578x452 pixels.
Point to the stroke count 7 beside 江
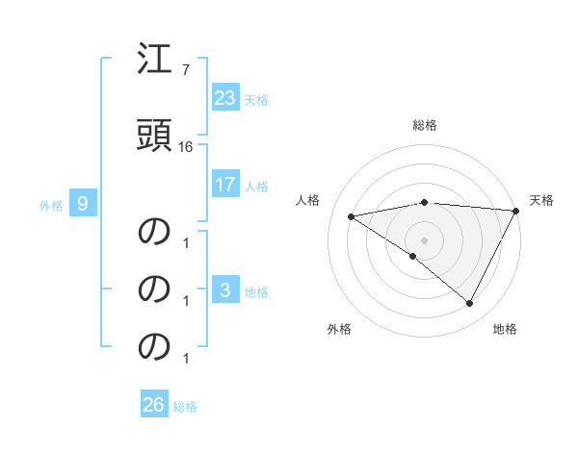coord(186,70)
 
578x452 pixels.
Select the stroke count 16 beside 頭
coord(186,146)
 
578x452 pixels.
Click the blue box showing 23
coord(224,98)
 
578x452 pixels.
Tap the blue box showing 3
coord(224,290)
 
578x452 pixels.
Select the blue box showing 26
coord(154,405)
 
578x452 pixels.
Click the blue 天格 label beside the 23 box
coord(256,99)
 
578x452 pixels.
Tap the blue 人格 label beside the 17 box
coord(256,185)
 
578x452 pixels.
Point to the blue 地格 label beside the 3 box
coord(256,291)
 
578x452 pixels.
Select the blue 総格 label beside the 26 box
coord(185,406)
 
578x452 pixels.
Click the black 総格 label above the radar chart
coord(424,126)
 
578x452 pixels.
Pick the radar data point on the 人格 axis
coord(352,216)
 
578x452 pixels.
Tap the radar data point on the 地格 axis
coord(469,303)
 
